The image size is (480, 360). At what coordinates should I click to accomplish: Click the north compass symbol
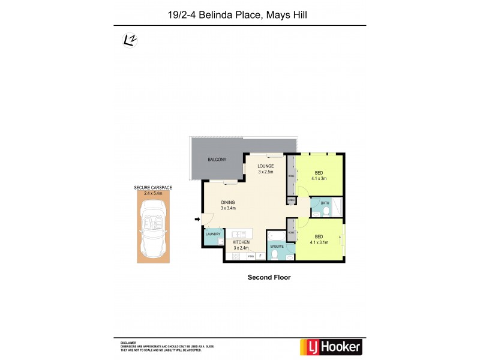tap(128, 40)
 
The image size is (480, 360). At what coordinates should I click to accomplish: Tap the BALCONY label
tap(217, 160)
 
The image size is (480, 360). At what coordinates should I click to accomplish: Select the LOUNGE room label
tap(266, 165)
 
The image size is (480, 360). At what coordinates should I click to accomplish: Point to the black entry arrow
tap(197, 219)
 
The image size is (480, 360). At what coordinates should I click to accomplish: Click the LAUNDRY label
tap(213, 235)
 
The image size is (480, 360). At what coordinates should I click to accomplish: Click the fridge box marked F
tap(260, 256)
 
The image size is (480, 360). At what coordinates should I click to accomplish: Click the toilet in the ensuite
tap(274, 254)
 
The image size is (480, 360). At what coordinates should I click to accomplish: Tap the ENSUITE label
tap(277, 245)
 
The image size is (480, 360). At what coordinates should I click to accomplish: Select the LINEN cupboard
tap(291, 200)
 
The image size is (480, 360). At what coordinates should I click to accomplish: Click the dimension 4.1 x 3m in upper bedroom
tap(319, 178)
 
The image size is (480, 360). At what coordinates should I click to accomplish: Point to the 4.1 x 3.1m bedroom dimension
tap(319, 243)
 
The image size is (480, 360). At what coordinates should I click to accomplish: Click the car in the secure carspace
tap(153, 227)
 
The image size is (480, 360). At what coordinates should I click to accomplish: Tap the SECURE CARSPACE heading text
tap(153, 188)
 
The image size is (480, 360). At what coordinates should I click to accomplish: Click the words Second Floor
tap(269, 277)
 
